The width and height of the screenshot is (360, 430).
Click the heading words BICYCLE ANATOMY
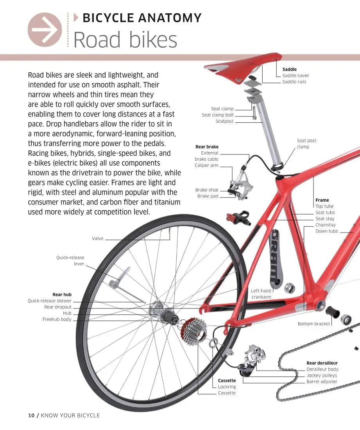(x=142, y=18)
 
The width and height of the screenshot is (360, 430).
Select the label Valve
(x=98, y=238)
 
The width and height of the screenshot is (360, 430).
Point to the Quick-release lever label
(x=70, y=261)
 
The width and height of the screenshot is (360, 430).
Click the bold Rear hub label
(x=62, y=295)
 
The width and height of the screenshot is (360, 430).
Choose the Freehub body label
(x=57, y=320)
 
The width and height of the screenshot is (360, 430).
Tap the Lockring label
(x=227, y=387)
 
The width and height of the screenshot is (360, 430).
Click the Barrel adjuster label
(x=322, y=382)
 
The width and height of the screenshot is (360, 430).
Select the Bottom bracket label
(x=314, y=324)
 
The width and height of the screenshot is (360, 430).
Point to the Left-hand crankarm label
(x=261, y=294)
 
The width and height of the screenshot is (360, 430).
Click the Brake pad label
(x=208, y=196)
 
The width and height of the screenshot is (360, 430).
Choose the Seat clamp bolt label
(x=218, y=115)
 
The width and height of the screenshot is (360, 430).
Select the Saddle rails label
(x=294, y=82)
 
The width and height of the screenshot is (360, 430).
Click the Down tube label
(x=327, y=231)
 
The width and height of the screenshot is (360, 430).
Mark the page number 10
(x=32, y=415)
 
